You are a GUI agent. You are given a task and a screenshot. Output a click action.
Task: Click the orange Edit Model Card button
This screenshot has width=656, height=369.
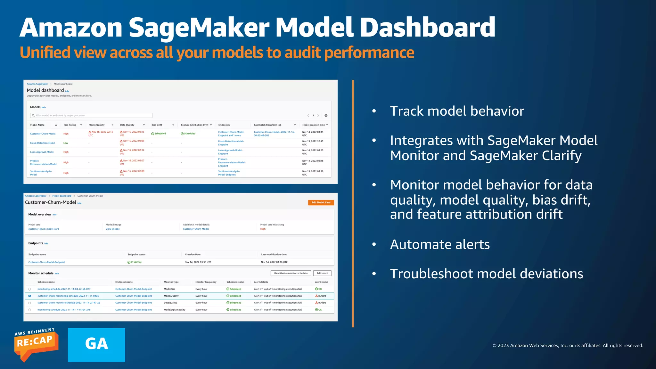(321, 202)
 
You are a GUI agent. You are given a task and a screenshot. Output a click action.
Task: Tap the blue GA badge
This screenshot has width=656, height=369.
(96, 345)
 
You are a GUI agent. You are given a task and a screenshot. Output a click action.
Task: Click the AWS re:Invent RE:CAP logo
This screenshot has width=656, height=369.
(36, 345)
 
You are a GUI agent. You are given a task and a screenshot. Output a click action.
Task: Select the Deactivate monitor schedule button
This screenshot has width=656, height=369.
(291, 273)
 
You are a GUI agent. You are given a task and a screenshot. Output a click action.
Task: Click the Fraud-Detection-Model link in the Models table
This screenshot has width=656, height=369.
(43, 143)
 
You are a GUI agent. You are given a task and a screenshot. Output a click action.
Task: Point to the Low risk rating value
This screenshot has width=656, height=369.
(66, 143)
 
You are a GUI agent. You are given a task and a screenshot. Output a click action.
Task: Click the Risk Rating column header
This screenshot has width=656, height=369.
(70, 125)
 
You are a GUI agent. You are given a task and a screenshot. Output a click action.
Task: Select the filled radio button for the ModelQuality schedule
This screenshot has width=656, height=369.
(29, 296)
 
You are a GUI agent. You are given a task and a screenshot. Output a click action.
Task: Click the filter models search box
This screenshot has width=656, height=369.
(91, 115)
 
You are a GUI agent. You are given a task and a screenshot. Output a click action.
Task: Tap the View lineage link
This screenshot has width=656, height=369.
(113, 229)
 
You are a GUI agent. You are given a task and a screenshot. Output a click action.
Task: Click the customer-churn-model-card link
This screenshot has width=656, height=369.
(44, 229)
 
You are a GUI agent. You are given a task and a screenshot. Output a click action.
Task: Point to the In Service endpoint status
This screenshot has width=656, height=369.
(135, 262)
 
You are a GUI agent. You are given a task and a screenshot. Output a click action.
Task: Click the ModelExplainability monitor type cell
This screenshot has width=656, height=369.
(175, 310)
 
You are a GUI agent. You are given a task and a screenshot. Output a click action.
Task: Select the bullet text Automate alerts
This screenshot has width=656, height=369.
(440, 244)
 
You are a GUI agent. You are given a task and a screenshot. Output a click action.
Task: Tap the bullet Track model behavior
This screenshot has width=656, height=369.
(457, 111)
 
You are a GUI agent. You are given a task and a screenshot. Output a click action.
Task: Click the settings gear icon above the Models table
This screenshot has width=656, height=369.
(326, 116)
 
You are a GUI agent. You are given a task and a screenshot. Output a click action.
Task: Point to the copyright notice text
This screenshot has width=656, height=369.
(568, 345)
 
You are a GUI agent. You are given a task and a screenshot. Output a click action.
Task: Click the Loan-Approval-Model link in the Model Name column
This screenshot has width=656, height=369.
(42, 152)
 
